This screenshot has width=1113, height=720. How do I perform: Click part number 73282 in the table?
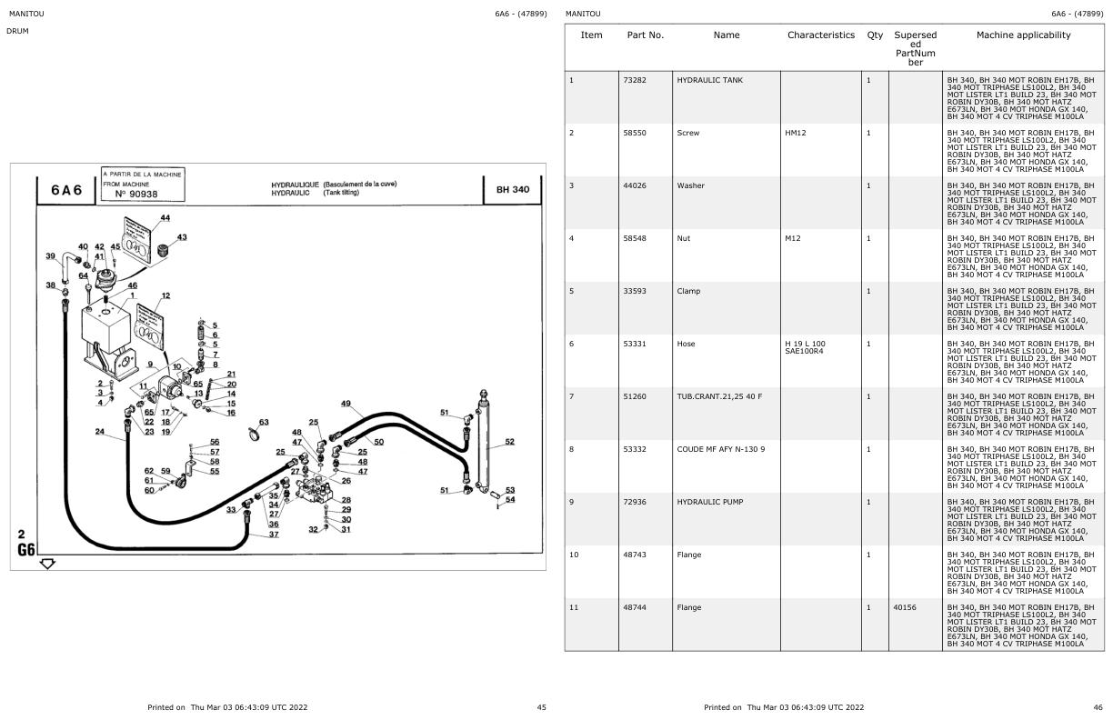pos(635,80)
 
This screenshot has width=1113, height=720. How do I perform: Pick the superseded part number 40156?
pos(904,607)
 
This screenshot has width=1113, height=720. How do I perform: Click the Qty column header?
pos(875,35)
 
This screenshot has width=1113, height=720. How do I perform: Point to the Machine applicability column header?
pos(1023,35)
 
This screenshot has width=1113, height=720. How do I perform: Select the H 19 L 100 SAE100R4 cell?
pos(805,347)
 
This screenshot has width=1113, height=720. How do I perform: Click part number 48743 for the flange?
pos(635,555)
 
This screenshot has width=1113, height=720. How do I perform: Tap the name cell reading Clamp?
pos(688,291)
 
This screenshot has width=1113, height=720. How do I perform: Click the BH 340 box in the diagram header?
pos(513,189)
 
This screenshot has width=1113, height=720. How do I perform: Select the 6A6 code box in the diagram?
pos(66,190)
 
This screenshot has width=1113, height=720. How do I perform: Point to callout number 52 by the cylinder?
pos(509,442)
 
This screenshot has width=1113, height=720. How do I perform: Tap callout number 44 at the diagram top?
pos(165,218)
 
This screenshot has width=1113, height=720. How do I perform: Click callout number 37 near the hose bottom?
pos(273,535)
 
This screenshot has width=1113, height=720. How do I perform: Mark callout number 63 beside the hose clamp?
pos(264,422)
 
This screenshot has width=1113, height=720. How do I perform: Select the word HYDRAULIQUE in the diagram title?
pos(295,185)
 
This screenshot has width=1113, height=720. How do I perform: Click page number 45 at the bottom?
pos(541,707)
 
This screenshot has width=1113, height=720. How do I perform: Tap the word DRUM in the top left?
pos(18,31)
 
